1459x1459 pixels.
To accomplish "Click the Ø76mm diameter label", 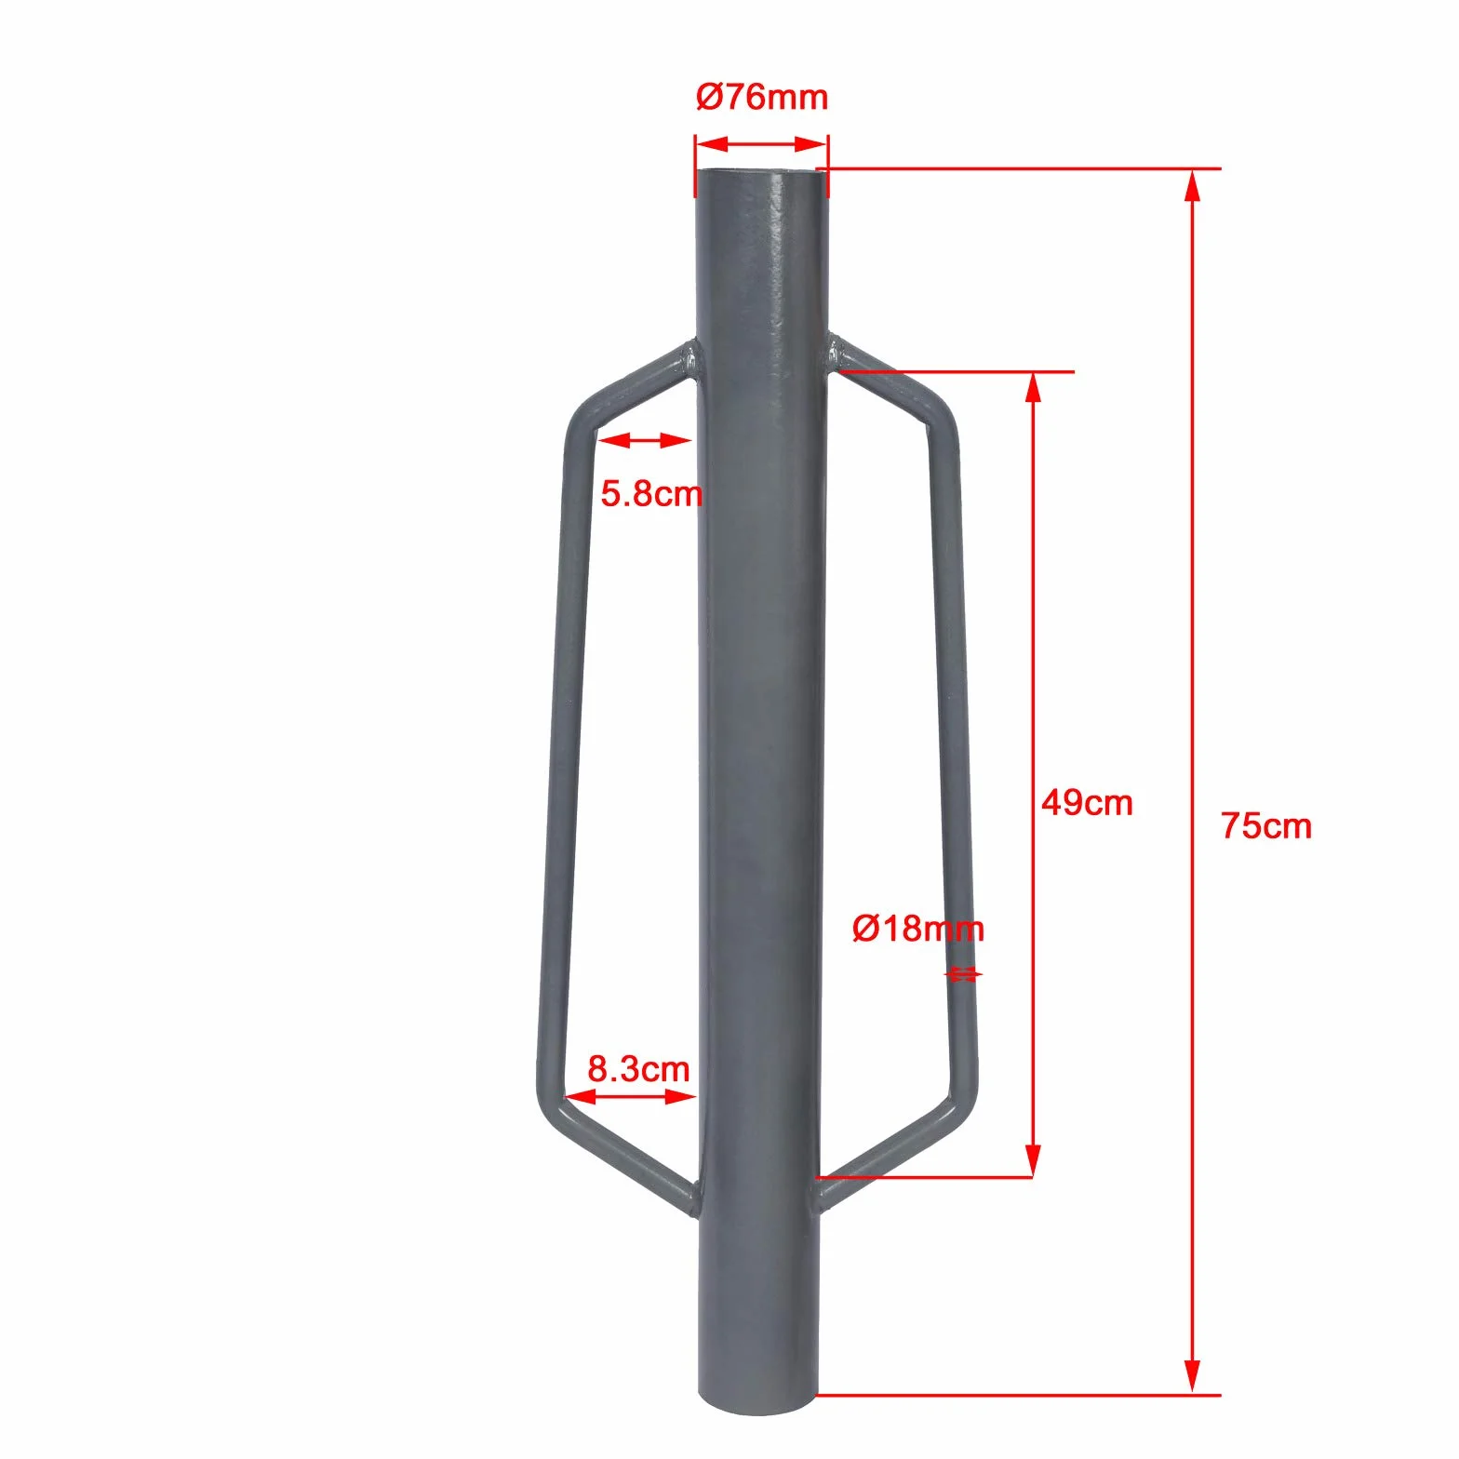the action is [x=762, y=97].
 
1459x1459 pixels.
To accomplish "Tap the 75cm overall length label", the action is [x=1266, y=826].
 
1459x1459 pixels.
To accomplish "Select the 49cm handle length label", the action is [x=1087, y=802].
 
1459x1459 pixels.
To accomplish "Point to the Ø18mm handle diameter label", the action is [x=917, y=929].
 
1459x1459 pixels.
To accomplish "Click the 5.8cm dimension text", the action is [x=651, y=493].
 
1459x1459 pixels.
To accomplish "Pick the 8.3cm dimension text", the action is [x=639, y=1069].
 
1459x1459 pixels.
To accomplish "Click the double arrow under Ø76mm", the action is [x=761, y=144].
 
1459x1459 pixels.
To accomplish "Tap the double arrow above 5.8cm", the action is [x=644, y=440].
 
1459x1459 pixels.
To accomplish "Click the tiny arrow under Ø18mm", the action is [x=963, y=975].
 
